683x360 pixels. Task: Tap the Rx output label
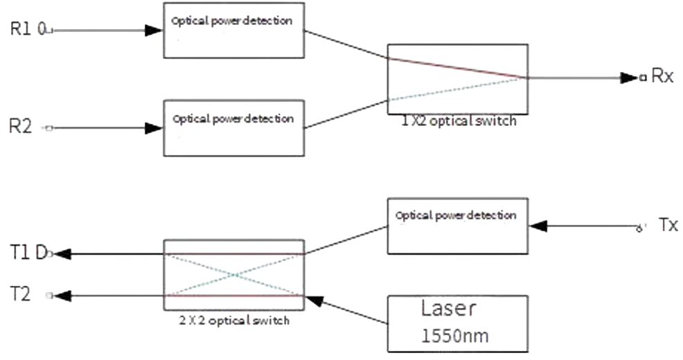point(663,77)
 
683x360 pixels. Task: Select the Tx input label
point(668,224)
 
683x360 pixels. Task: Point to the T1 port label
point(21,253)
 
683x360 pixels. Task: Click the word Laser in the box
point(450,309)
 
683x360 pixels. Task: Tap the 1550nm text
point(456,336)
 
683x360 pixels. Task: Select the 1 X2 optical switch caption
point(458,122)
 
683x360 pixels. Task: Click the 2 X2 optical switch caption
point(233,321)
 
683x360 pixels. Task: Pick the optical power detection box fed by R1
point(233,30)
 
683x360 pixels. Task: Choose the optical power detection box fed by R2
point(233,127)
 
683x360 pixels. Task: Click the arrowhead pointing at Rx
point(630,78)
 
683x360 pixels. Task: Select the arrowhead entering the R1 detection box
point(154,30)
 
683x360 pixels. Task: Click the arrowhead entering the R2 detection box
point(154,127)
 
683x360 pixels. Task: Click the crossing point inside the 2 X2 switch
point(233,275)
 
